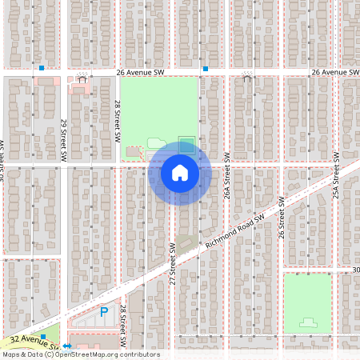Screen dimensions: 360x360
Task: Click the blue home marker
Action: tap(179, 172)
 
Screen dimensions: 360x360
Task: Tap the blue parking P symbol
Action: tap(103, 312)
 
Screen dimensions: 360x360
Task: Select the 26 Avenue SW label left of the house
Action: tap(140, 72)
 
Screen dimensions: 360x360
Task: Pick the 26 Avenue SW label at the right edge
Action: tap(334, 72)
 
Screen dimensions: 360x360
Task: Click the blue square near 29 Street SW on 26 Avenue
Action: tap(41, 68)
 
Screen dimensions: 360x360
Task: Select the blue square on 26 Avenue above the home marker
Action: tap(206, 69)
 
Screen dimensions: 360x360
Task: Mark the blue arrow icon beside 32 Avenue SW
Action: tap(67, 346)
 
